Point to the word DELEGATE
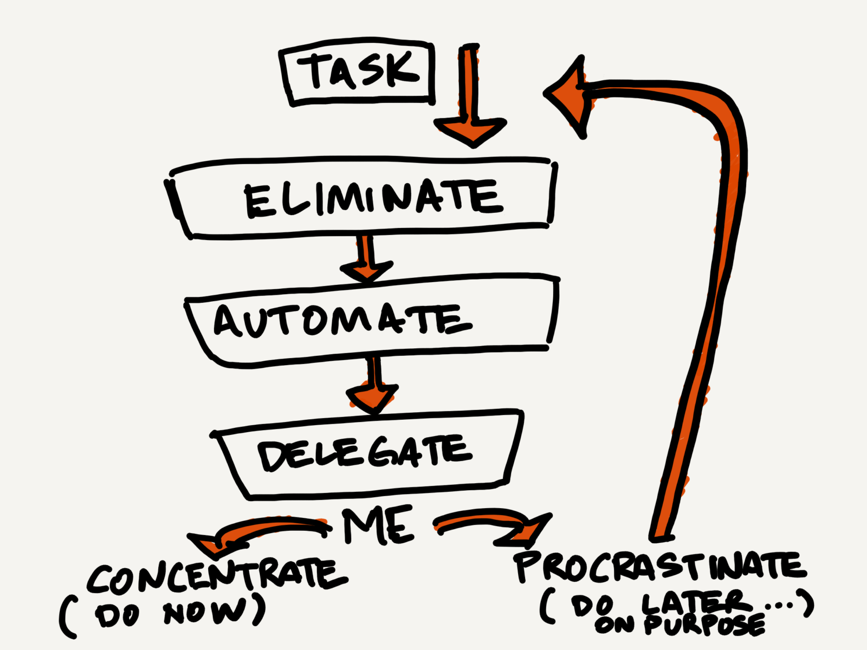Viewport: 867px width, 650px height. [x=364, y=454]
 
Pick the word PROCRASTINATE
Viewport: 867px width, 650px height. [x=660, y=567]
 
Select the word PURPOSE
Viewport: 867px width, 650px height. [x=704, y=626]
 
